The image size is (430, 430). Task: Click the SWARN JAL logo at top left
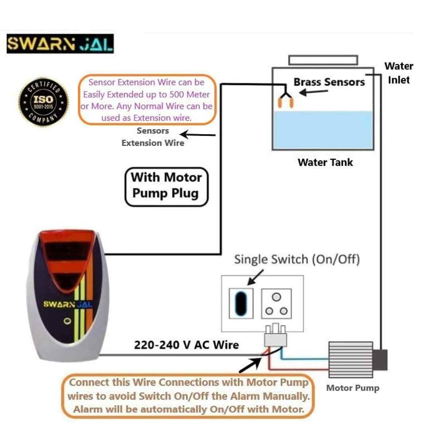pyautogui.click(x=60, y=44)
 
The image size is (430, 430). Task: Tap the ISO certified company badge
pyautogui.click(x=44, y=102)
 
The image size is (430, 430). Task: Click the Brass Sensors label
pyautogui.click(x=329, y=82)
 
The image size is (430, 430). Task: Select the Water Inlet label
pyautogui.click(x=399, y=73)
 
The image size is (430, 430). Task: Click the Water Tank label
pyautogui.click(x=325, y=162)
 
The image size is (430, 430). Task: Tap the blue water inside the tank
pyautogui.click(x=323, y=129)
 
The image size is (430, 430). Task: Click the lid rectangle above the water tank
pyautogui.click(x=323, y=60)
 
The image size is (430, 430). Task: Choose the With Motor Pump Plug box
pyautogui.click(x=166, y=186)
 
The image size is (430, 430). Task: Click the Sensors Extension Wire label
pyautogui.click(x=153, y=137)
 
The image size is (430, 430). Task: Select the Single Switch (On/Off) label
pyautogui.click(x=297, y=260)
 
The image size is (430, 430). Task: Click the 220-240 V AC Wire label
pyautogui.click(x=186, y=345)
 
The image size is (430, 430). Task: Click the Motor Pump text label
pyautogui.click(x=353, y=388)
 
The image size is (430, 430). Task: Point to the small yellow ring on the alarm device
pyautogui.click(x=68, y=321)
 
